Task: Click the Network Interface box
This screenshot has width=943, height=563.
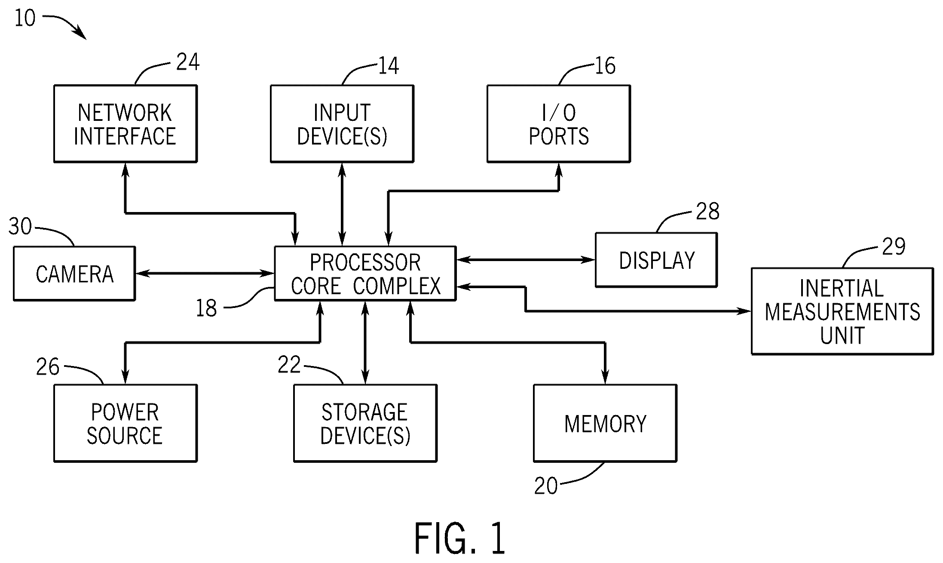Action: click(x=126, y=124)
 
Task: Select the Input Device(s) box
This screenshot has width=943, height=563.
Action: click(x=342, y=124)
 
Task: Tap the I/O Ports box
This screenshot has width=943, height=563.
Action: click(x=559, y=124)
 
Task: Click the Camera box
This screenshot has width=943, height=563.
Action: click(x=74, y=274)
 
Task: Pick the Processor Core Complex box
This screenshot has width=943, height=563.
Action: click(x=365, y=274)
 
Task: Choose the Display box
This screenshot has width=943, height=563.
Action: click(x=656, y=260)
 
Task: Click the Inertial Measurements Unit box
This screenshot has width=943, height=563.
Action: click(x=842, y=311)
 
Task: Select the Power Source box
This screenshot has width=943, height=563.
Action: click(x=126, y=423)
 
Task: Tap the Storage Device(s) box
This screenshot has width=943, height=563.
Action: click(x=365, y=423)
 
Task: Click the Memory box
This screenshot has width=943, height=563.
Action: click(x=605, y=423)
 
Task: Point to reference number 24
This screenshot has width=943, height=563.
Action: click(x=188, y=62)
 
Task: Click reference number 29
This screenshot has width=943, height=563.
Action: click(x=894, y=246)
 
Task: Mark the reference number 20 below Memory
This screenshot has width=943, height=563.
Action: click(x=546, y=486)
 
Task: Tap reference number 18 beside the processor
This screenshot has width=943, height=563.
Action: click(x=206, y=308)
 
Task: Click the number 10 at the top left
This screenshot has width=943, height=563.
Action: click(x=25, y=18)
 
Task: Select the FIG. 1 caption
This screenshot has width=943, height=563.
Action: click(x=459, y=538)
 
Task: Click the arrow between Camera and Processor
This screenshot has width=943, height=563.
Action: click(x=205, y=273)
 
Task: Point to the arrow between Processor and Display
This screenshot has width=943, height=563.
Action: click(x=526, y=259)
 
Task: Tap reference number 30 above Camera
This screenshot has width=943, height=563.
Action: click(x=20, y=227)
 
